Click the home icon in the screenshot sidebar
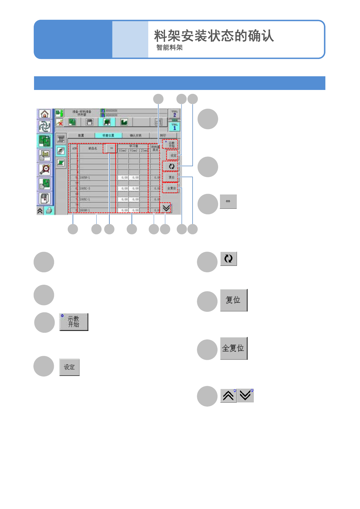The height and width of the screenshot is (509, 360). coord(45,114)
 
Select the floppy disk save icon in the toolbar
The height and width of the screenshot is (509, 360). coord(89,122)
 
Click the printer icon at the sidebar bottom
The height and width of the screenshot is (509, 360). coord(49,211)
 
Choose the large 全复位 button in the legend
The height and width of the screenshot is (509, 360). coord(234,348)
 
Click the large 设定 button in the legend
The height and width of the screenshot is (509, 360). coord(69,367)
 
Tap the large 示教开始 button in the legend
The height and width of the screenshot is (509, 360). coord(74,322)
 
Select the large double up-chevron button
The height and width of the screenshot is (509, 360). coord(228,396)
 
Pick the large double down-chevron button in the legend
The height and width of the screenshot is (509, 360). coord(245,396)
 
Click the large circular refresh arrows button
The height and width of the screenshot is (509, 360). coord(228,259)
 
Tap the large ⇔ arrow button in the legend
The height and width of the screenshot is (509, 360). coord(228,201)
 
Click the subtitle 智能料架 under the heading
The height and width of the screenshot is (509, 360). coord(170,48)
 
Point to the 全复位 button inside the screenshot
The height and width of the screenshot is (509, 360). coord(171,188)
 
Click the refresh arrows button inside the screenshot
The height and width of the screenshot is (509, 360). coord(171,166)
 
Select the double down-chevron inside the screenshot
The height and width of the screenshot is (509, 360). coord(166,208)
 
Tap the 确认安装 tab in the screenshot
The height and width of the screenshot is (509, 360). coord(136,135)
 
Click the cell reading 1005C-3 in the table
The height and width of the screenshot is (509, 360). coord(85,188)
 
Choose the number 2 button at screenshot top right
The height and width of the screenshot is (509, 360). coord(174,114)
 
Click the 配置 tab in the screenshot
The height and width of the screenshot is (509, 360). coord(81,135)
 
